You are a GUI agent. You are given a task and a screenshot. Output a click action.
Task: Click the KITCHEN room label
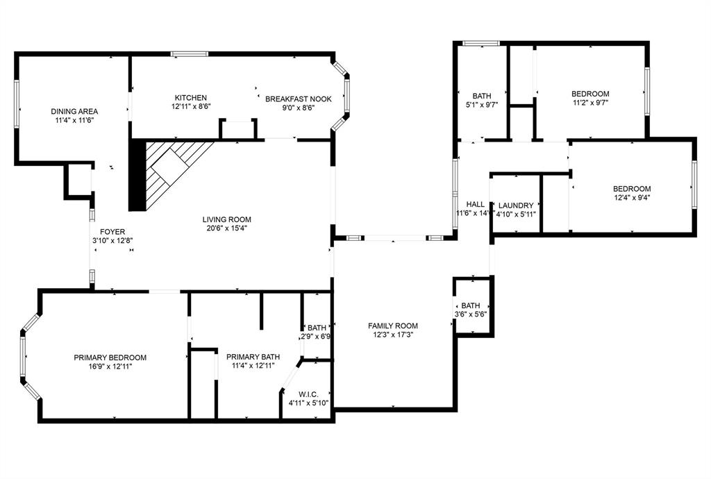coord(191,97)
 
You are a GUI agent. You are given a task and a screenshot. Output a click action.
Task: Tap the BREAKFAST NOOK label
coord(299,99)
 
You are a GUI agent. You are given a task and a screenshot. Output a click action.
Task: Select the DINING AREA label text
coord(74,111)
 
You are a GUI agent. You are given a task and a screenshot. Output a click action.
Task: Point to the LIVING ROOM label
coord(228,219)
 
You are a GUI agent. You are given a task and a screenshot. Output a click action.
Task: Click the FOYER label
coord(112,232)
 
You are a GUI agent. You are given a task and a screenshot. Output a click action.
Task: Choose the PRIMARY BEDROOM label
coord(110,358)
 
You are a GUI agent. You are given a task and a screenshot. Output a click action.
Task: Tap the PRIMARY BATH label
coord(253,357)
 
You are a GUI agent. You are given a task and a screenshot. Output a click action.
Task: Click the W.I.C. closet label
coord(308,394)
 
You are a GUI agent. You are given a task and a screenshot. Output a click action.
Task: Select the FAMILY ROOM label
coord(393,326)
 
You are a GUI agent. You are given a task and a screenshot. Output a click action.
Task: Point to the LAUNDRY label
coord(516,205)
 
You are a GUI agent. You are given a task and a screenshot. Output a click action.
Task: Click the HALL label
coord(475,205)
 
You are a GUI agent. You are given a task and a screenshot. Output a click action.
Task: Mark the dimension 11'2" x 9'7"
coord(590,103)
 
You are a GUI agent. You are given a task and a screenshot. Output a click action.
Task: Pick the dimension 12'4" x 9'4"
coord(631,197)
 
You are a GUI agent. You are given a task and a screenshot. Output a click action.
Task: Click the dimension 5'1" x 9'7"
coord(482,106)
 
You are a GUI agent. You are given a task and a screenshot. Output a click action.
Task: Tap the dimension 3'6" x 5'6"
coord(471,314)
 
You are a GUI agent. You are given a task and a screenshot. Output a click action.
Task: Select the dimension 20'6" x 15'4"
coord(228,228)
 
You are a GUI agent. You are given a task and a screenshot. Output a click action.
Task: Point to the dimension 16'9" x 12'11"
coord(110,367)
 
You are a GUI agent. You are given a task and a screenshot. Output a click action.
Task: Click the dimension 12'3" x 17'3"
coord(393,335)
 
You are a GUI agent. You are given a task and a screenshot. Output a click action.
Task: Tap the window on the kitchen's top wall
coord(190,54)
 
